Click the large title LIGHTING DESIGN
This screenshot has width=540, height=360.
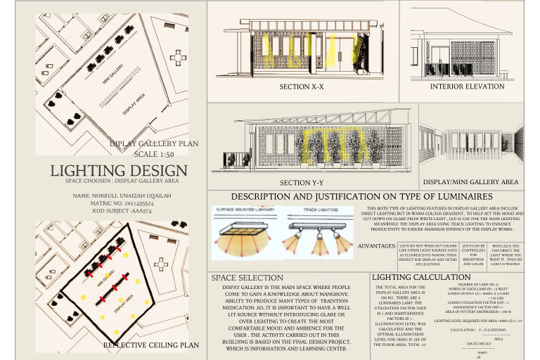(119, 171)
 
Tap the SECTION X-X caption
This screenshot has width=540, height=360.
(302, 87)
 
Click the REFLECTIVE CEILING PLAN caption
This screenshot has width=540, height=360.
(150, 345)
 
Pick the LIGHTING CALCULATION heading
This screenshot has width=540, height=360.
(417, 278)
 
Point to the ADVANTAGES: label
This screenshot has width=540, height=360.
(376, 246)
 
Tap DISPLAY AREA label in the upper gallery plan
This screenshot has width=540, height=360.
(137, 105)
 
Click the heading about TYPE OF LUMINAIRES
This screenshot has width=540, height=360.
(361, 196)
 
